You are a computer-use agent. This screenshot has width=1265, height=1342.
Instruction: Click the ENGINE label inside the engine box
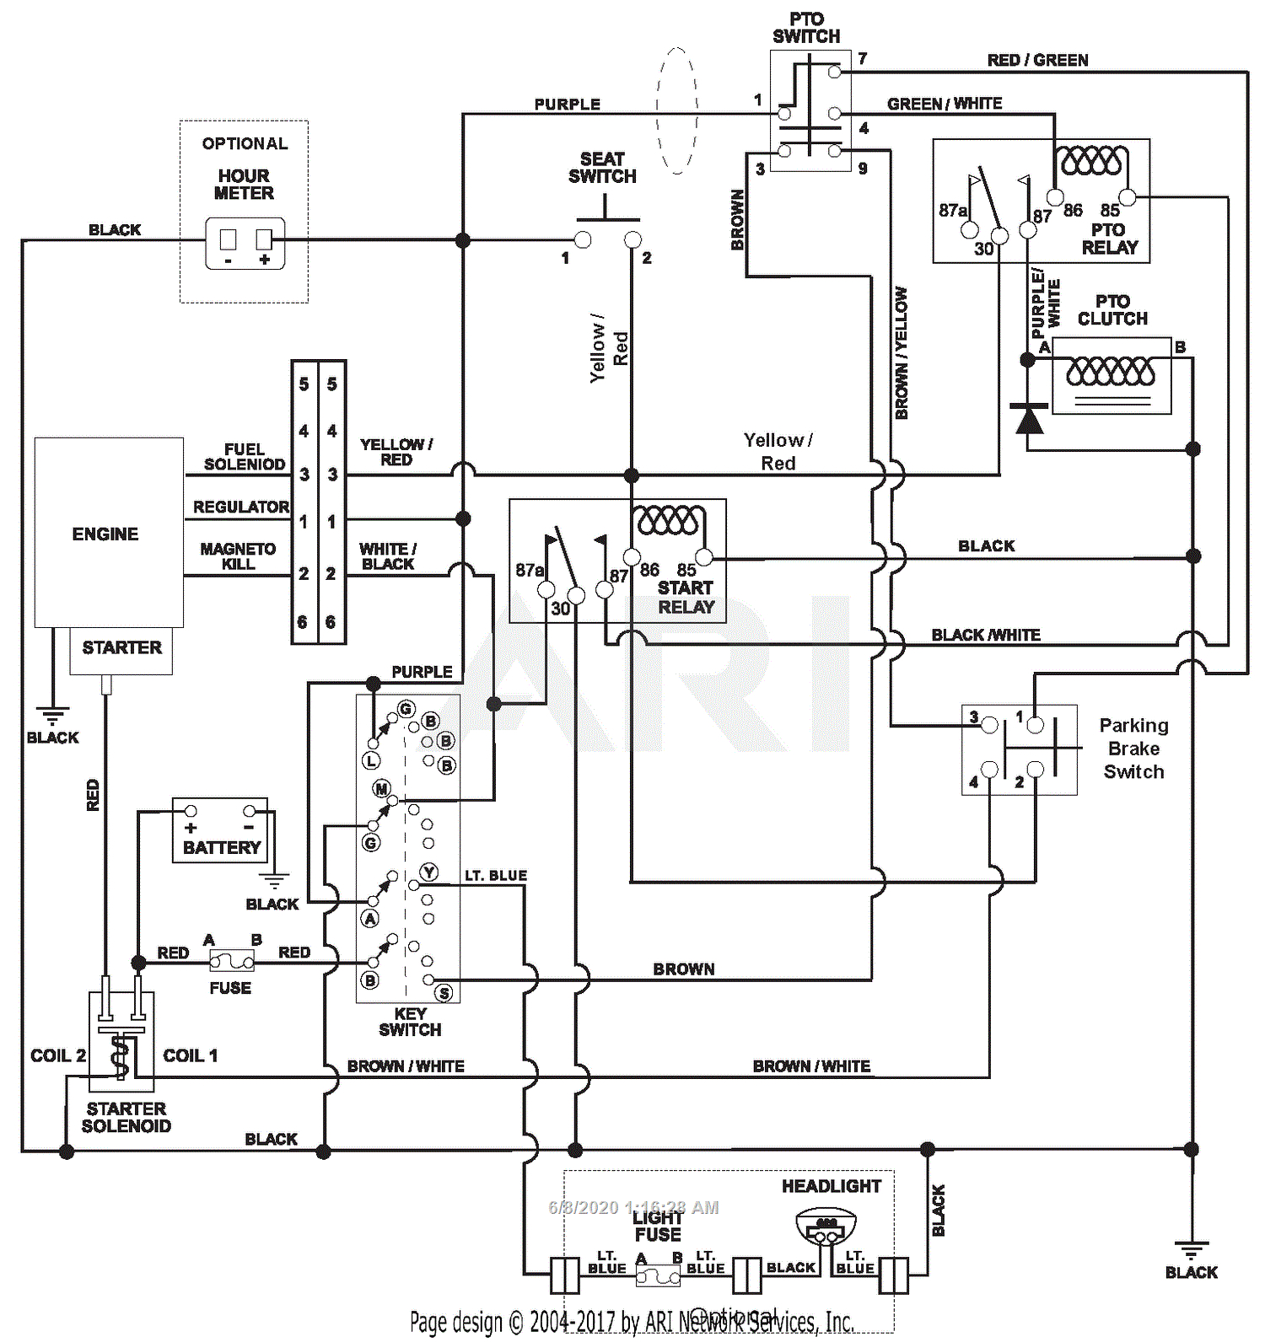click(105, 534)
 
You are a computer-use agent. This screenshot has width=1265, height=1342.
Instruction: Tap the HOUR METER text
click(244, 185)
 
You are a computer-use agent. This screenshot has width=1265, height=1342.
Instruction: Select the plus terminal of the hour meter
click(264, 240)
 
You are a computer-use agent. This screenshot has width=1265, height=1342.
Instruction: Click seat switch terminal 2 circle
click(632, 240)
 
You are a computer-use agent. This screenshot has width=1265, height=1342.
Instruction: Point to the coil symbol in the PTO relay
click(1093, 160)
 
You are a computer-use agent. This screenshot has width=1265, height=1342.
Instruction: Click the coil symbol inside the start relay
click(670, 520)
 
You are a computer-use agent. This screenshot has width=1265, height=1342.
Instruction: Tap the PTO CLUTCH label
click(1112, 310)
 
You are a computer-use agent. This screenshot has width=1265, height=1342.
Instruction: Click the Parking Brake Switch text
click(1133, 749)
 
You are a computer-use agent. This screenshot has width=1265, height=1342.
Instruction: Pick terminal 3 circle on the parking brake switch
click(990, 725)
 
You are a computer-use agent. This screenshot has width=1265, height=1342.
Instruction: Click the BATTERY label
click(222, 848)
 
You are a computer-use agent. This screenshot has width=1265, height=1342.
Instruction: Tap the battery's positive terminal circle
click(191, 811)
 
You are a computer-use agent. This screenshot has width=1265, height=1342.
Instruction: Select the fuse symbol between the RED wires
click(232, 960)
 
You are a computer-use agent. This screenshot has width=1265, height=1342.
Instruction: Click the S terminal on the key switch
click(444, 993)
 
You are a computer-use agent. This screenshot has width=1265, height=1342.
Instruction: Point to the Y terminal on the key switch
click(429, 872)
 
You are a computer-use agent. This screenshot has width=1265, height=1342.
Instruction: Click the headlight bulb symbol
click(826, 1227)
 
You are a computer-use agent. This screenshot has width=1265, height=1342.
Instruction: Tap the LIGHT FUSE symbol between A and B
click(658, 1276)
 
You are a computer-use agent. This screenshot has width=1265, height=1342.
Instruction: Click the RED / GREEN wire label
click(1037, 60)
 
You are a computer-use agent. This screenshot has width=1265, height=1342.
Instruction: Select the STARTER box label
click(121, 648)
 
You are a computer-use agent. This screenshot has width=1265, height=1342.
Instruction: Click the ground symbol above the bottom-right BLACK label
click(1191, 1249)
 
